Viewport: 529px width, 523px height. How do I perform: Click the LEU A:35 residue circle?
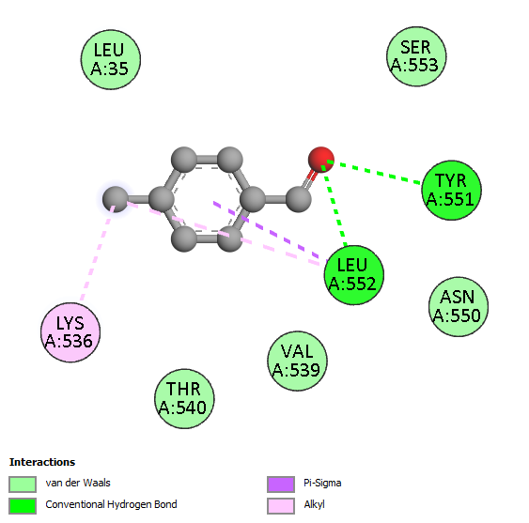[111, 60]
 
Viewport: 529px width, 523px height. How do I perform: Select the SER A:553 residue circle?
[416, 56]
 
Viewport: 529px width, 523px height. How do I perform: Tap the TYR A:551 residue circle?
[452, 191]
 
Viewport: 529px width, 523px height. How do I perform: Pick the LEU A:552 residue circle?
[354, 275]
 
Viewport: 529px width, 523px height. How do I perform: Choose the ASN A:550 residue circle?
[459, 306]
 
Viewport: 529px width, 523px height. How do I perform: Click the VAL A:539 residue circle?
[297, 361]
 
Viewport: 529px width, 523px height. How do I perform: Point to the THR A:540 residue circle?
[184, 399]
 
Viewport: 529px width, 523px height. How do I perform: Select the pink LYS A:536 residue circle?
[70, 332]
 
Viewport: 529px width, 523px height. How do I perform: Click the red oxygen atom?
[321, 160]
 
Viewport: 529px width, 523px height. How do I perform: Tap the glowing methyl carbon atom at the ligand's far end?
[116, 199]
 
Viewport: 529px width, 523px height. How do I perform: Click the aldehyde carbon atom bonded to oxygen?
[298, 199]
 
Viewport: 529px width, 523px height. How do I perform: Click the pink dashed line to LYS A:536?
[97, 253]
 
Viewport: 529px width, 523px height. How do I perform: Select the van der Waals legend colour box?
[23, 485]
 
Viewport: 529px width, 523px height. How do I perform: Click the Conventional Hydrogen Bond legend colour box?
[23, 506]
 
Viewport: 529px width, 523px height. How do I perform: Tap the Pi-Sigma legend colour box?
[281, 485]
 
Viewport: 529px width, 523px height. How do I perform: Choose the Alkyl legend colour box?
[281, 506]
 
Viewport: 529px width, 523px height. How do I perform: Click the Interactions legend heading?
[42, 462]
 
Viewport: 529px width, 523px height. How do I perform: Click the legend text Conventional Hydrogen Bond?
[111, 504]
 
